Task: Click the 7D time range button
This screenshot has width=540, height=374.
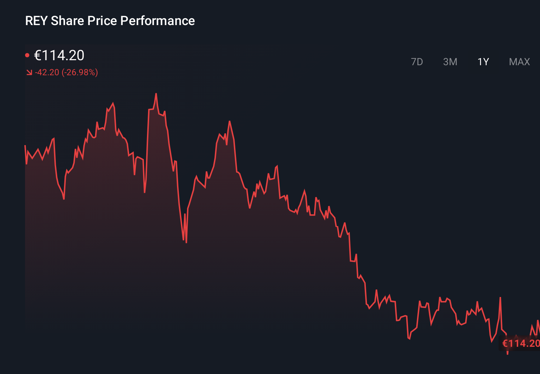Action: (x=417, y=62)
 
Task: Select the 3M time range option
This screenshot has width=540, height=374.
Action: (x=450, y=62)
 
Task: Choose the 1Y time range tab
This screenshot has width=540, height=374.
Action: (x=483, y=62)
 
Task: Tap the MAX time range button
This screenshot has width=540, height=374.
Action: (x=519, y=62)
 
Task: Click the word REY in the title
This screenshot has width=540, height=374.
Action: (x=36, y=21)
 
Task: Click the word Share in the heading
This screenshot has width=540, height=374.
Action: (x=67, y=21)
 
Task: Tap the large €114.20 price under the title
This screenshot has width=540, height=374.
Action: (x=59, y=55)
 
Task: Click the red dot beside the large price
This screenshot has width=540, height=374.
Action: (x=27, y=55)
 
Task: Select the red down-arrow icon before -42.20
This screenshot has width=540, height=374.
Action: (x=29, y=73)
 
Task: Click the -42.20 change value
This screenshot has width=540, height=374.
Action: (x=47, y=72)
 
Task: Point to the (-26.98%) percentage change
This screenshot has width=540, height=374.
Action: (x=80, y=72)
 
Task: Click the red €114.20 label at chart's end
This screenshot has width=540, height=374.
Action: (x=520, y=344)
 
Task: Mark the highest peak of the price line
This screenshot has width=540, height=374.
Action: (x=156, y=94)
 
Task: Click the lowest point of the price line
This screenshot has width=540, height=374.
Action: (x=507, y=354)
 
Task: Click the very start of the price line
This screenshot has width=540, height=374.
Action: (x=25, y=145)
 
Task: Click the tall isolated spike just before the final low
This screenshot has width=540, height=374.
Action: (x=500, y=298)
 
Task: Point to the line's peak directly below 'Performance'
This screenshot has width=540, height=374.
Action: (x=156, y=94)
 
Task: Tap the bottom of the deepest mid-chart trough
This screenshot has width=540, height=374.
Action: (x=186, y=242)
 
